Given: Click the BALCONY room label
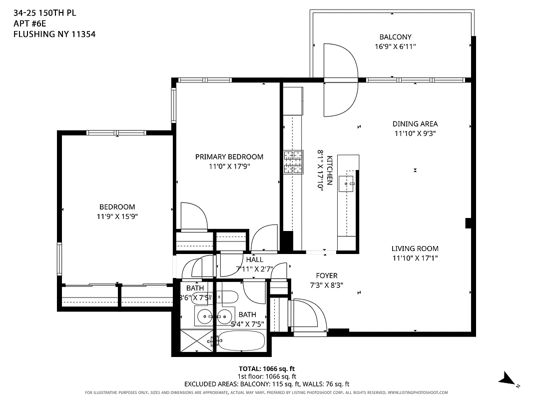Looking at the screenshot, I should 395,37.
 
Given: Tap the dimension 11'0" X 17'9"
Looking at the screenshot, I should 229,166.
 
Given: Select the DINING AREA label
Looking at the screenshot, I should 415,124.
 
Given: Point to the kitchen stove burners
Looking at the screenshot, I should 294,162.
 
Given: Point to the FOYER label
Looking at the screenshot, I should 327,275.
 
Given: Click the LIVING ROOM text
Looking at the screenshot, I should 415,248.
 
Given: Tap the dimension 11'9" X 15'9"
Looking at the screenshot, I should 117,216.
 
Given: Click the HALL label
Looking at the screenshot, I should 254,260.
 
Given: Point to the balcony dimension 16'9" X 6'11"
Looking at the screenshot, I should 395,46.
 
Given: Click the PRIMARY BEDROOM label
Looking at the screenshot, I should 229,157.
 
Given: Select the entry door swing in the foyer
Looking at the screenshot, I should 307,313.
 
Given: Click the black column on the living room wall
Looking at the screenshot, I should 468,223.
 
